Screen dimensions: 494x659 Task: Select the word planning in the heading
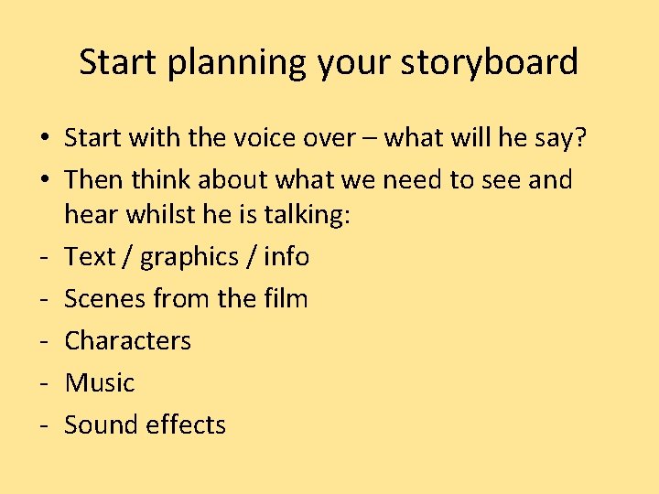[238, 63]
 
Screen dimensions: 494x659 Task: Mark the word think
[167, 179]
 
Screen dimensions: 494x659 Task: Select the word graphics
[193, 257]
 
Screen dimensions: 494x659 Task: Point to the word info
[286, 256]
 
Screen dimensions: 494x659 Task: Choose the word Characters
[128, 340]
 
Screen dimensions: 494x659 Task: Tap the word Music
[100, 382]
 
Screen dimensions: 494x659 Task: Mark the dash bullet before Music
[44, 383]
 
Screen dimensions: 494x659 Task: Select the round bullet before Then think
[44, 180]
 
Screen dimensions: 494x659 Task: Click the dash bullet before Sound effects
[44, 425]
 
